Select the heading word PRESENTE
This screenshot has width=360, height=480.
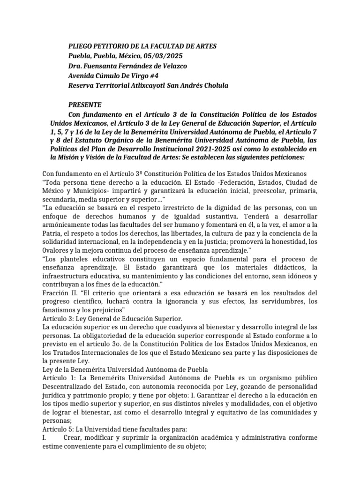(85, 105)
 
